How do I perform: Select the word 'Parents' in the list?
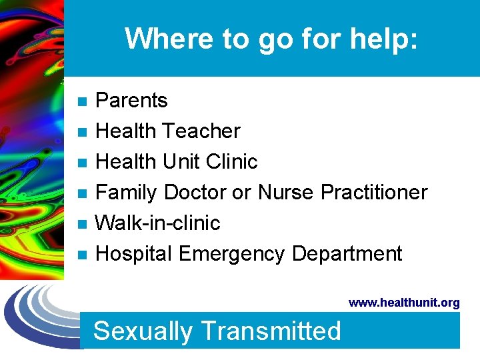(131, 101)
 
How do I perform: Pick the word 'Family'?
(127, 193)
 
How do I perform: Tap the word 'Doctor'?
(195, 193)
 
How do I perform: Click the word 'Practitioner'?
(374, 193)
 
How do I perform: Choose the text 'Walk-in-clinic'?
(158, 223)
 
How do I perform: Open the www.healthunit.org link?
(404, 303)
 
